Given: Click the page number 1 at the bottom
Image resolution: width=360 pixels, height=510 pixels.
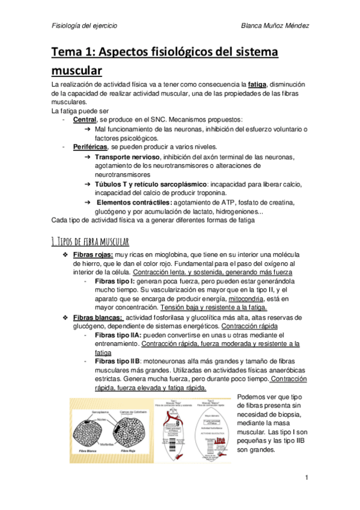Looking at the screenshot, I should pos(307,478).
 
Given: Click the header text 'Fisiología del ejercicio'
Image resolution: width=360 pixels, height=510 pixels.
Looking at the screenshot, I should pos(84,26).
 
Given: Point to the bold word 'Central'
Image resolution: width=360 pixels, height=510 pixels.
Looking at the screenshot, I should pos(84,120).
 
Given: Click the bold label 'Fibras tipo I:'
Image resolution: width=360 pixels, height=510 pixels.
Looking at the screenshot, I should pos(115,281).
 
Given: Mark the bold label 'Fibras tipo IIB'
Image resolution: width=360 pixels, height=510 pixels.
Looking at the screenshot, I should pos(117,361).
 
